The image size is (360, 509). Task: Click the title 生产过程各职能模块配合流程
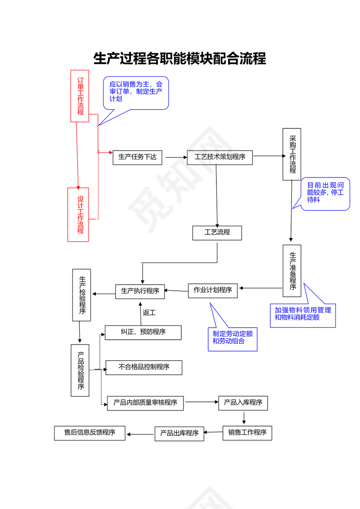180,59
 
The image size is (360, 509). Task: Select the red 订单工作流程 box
80,96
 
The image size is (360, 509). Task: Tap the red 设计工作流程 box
78,215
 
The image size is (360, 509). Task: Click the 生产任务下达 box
137,157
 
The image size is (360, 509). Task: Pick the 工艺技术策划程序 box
220,157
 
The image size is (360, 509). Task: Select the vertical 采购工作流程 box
292,154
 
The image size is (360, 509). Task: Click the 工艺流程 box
217,233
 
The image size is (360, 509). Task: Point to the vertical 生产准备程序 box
292,271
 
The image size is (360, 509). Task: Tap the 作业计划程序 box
213,290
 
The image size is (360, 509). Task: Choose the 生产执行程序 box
140,291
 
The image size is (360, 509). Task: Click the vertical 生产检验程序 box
82,295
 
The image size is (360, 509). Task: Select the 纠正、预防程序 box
143,332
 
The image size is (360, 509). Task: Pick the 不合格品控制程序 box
144,368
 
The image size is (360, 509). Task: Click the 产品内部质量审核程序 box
145,403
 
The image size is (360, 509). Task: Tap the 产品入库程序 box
243,403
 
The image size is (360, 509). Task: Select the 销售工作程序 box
247,433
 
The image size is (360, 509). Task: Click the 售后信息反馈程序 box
89,433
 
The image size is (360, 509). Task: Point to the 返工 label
149,312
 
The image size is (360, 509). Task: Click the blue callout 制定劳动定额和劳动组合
232,338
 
